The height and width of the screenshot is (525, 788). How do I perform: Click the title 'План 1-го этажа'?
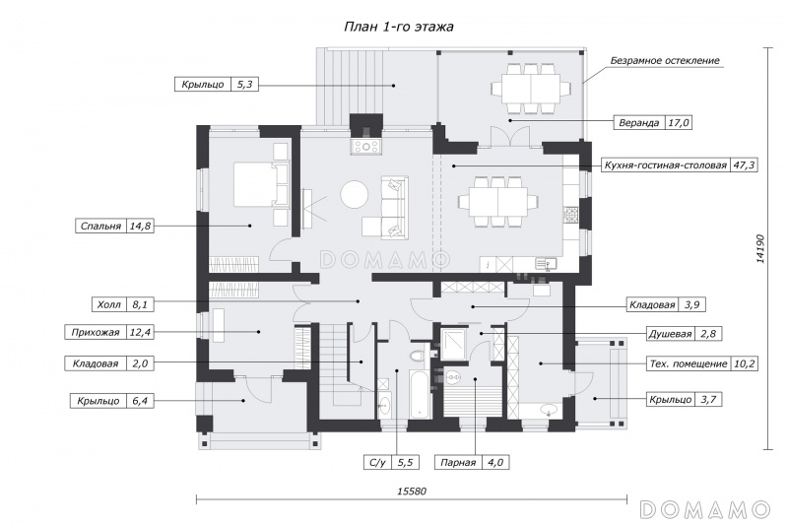399,27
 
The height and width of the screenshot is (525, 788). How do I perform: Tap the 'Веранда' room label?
638,122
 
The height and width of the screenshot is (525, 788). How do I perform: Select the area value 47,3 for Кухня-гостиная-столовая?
744,165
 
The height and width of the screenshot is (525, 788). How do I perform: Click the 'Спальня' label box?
113,227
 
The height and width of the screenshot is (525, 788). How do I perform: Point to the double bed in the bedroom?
261,184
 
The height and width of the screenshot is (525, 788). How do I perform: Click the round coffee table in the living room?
356,194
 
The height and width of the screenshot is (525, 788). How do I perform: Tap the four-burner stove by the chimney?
366,146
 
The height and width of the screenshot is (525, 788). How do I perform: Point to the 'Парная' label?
458,463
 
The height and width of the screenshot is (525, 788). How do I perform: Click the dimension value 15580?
412,492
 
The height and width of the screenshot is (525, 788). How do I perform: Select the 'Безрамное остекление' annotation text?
665,61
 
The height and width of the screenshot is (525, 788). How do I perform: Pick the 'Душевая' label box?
685,334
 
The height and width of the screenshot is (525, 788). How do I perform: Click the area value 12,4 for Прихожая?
140,332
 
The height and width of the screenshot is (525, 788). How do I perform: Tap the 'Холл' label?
109,304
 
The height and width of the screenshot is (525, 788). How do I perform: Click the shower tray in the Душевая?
454,344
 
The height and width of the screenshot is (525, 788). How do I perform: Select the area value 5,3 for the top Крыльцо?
244,85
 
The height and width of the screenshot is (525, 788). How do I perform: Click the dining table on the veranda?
531,88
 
